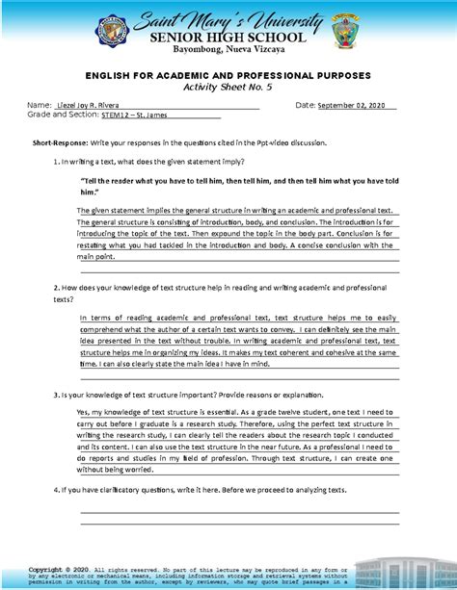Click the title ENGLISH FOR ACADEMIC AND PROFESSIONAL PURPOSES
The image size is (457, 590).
[228, 75]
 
